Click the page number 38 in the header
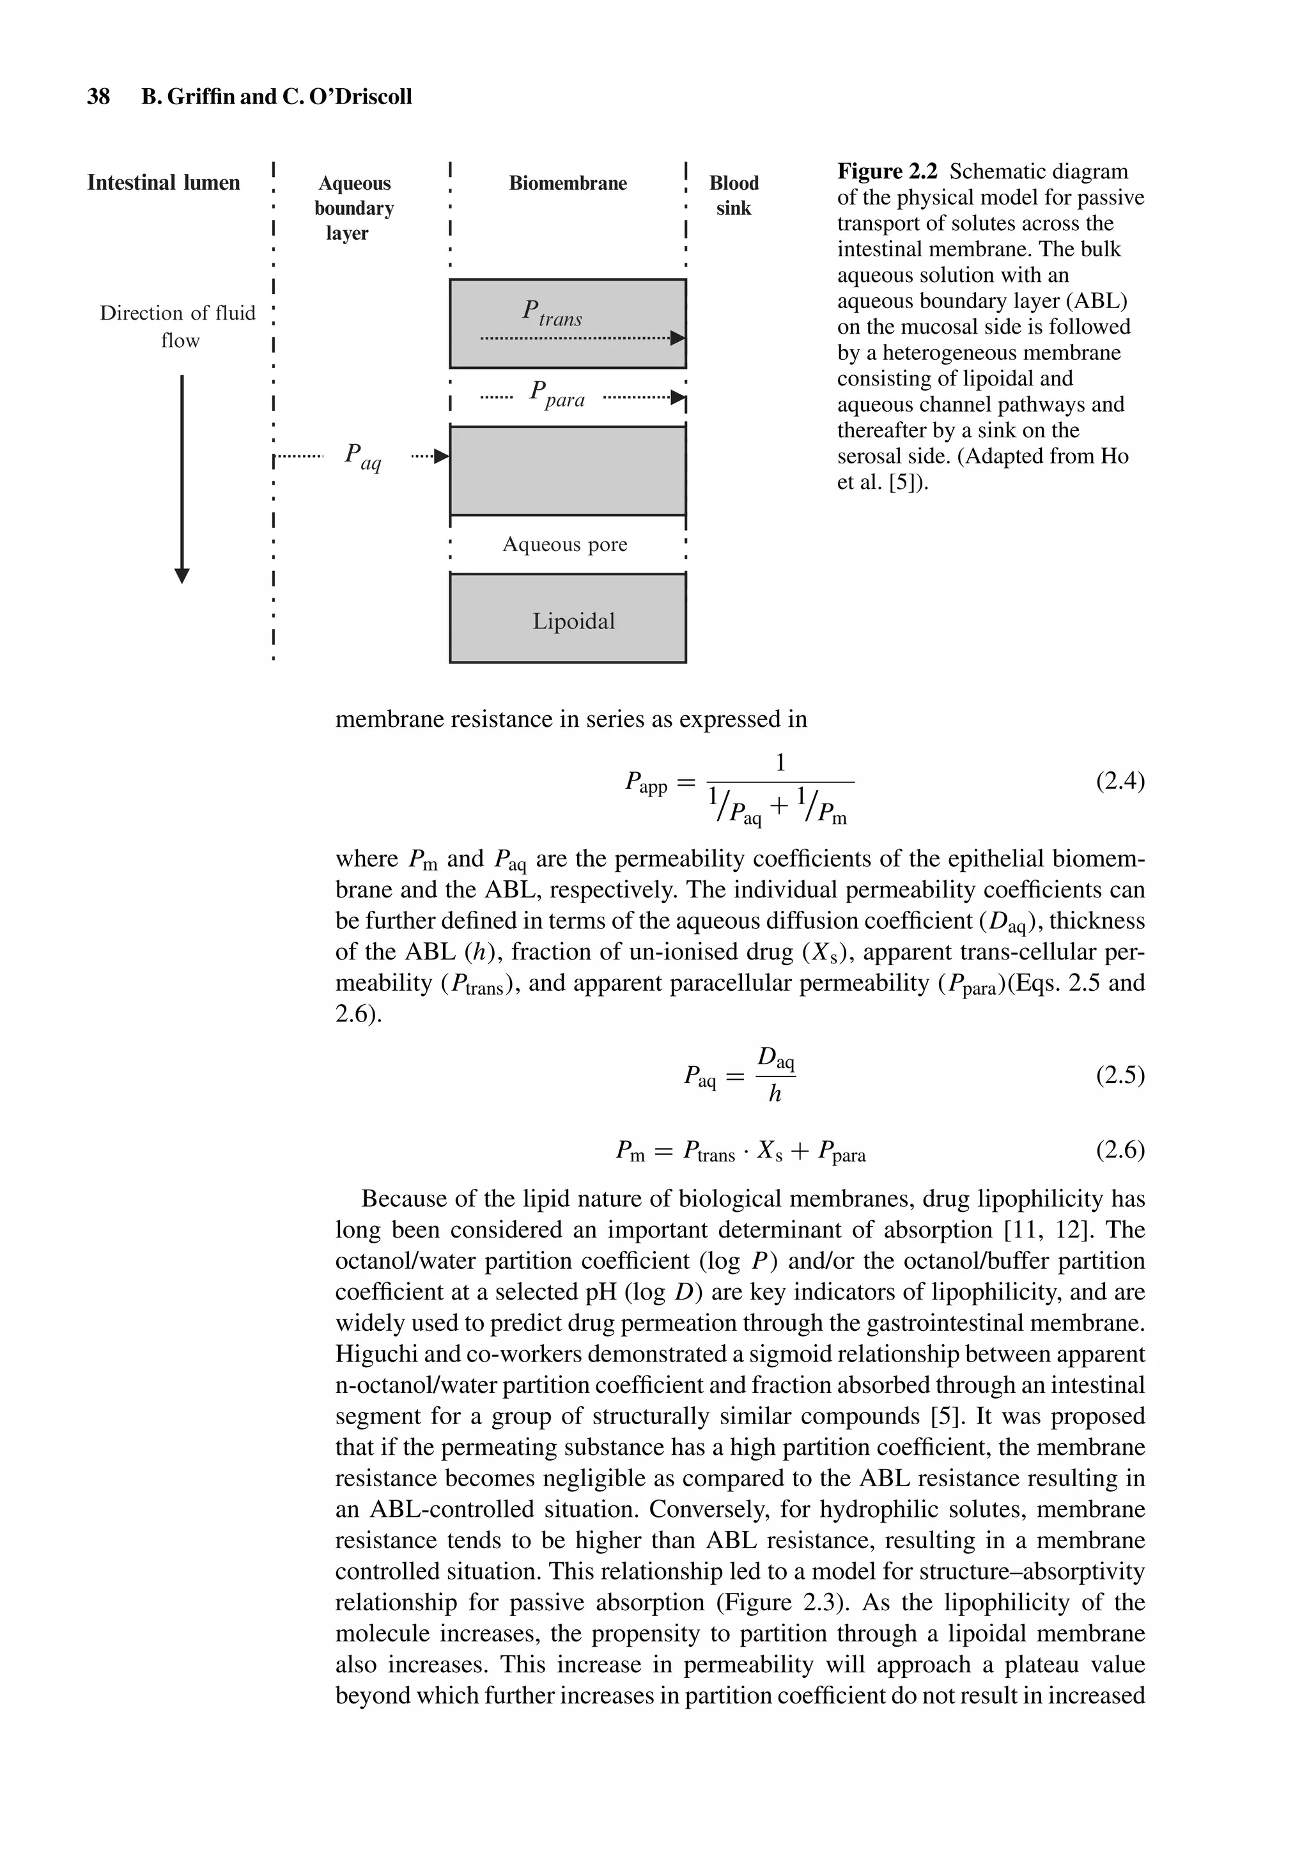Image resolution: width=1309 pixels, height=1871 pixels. click(98, 97)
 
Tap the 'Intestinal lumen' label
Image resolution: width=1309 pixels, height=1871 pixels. click(163, 183)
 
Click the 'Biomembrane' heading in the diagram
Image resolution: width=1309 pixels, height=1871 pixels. click(568, 183)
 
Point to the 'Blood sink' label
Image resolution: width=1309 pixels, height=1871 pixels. click(734, 196)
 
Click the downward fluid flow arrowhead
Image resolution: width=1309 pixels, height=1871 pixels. click(183, 575)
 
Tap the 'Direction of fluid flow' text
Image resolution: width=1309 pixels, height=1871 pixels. click(178, 326)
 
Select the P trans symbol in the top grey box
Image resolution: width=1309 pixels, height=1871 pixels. click(551, 313)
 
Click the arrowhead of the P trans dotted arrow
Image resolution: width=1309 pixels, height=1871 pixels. click(678, 338)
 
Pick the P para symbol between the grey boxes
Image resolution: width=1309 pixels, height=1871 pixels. click(557, 394)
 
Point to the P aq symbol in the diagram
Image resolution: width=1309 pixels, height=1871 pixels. click(362, 456)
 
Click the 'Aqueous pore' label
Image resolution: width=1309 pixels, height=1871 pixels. click(565, 545)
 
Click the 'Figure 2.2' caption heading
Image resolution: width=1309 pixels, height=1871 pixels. click(887, 172)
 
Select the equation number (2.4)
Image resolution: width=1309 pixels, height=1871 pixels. click(1120, 782)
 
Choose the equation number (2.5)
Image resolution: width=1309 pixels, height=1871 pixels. click(1120, 1076)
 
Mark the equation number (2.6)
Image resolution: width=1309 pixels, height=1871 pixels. click(1120, 1150)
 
